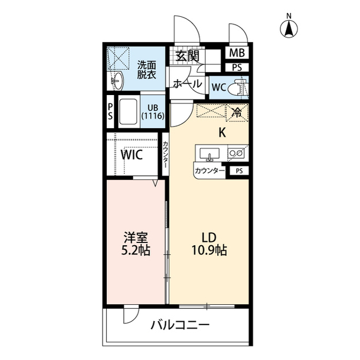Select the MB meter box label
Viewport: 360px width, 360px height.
tap(237, 54)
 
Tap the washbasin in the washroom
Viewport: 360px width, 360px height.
tap(117, 80)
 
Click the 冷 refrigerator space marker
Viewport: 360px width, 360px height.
tap(236, 112)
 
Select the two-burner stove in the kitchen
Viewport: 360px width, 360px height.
tap(236, 152)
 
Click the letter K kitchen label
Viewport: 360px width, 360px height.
tap(222, 133)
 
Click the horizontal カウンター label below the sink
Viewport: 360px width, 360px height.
tap(210, 171)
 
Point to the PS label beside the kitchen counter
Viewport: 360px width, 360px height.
tap(239, 171)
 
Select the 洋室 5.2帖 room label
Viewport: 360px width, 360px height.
tap(136, 244)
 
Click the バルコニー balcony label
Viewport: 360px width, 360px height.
tap(179, 325)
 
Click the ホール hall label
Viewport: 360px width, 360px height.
tap(187, 84)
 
